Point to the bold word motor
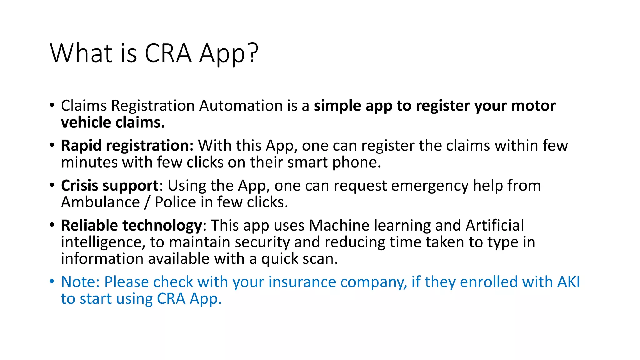533,106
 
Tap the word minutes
89,162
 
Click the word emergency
430,186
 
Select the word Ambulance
100,202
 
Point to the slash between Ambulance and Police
147,202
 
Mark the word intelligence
102,242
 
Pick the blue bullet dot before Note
52,281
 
